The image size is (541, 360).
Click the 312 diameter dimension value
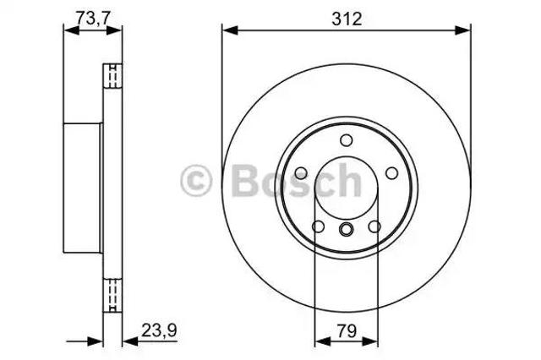tap(347, 19)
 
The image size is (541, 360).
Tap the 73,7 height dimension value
tap(93, 18)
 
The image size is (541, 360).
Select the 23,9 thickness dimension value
tap(159, 330)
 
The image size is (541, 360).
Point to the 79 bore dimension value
tap(347, 331)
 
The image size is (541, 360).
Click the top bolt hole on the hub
tap(346, 140)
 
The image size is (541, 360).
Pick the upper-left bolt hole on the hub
tap(301, 172)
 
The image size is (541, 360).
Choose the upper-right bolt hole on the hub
tap(391, 172)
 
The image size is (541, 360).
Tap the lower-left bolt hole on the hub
tap(318, 226)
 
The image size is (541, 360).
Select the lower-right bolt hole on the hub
tap(374, 226)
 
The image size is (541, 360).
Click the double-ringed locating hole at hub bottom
tap(346, 229)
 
